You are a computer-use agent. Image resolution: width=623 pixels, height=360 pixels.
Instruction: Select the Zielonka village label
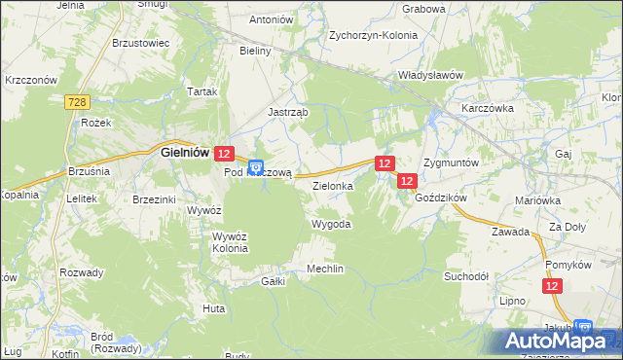pyautogui.click(x=332, y=183)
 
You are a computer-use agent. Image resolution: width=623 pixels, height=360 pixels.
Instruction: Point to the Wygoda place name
pyautogui.click(x=330, y=224)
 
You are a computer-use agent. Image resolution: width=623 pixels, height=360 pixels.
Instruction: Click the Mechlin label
pyautogui.click(x=326, y=269)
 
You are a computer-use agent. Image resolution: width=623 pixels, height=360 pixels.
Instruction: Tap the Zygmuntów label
pyautogui.click(x=451, y=162)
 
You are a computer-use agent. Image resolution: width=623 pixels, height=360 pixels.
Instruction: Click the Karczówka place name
pyautogui.click(x=488, y=108)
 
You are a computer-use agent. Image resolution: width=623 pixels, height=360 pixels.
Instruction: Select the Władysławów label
pyautogui.click(x=429, y=74)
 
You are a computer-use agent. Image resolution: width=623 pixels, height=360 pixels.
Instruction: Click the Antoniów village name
pyautogui.click(x=272, y=19)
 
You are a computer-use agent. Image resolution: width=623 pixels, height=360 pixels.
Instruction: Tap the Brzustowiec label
pyautogui.click(x=141, y=44)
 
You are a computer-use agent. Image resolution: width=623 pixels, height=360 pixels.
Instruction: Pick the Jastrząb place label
pyautogui.click(x=288, y=112)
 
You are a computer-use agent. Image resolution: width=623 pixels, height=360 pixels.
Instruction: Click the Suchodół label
pyautogui.click(x=466, y=275)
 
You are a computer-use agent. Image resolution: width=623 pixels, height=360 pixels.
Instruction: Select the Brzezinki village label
pyautogui.click(x=154, y=198)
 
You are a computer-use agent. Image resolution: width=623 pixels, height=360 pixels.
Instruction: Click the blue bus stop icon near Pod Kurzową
pyautogui.click(x=256, y=166)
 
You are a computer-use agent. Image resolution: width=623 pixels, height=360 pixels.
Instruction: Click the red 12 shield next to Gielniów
pyautogui.click(x=224, y=154)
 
